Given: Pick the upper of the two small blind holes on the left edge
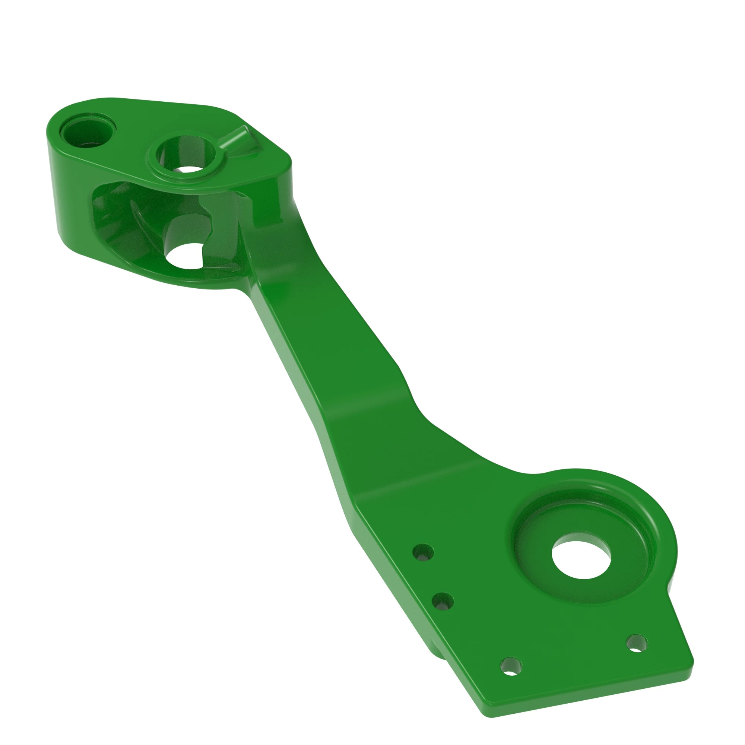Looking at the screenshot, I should click(x=424, y=552).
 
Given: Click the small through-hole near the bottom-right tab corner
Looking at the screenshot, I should click(x=637, y=643).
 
